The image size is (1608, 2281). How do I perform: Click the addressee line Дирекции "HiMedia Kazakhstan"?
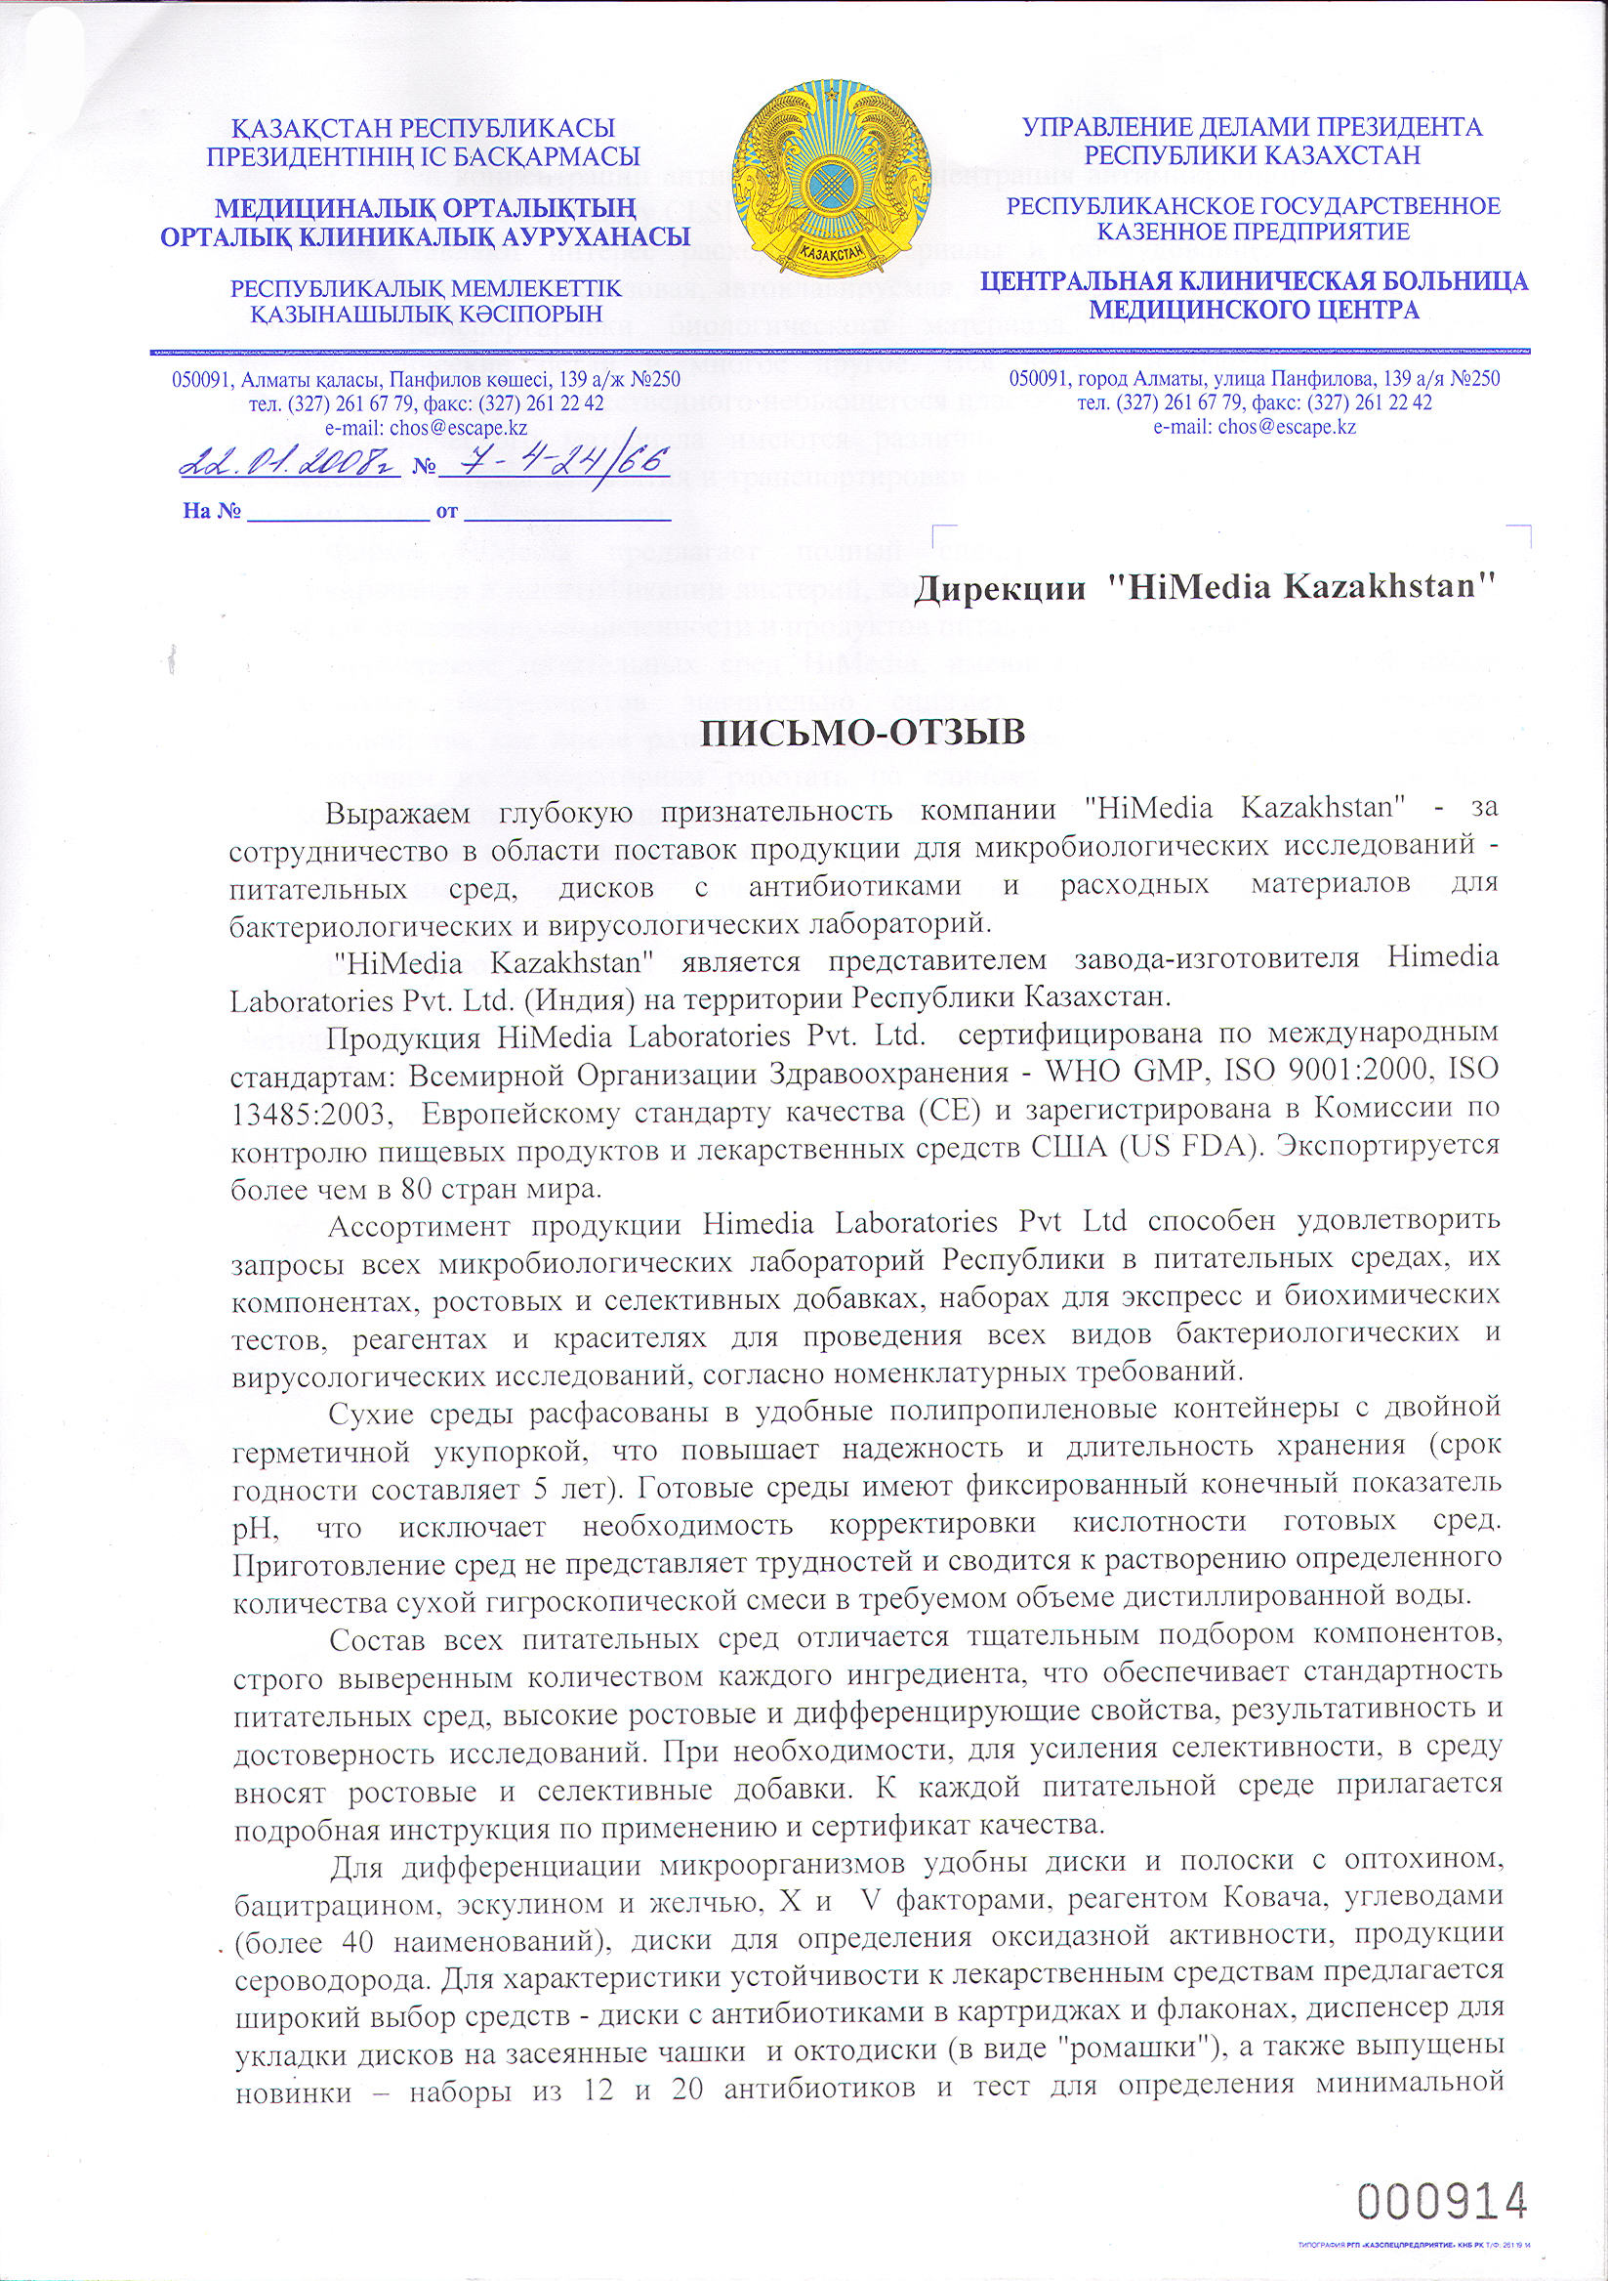(1205, 587)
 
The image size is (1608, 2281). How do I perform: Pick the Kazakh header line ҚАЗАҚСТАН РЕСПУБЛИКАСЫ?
(423, 129)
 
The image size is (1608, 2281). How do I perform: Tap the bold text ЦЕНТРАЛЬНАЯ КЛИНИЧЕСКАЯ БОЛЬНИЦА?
(1254, 281)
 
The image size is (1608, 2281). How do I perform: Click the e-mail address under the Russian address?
(1254, 427)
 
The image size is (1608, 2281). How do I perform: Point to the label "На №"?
(213, 513)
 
